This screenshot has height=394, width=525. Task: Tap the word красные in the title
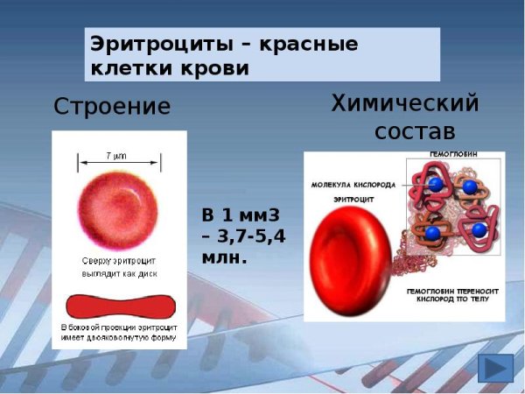(304, 44)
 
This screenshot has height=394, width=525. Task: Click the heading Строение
(112, 107)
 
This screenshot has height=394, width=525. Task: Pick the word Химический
(405, 103)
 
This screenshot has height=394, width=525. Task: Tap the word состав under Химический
(415, 132)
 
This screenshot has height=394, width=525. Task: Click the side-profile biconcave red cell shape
(120, 306)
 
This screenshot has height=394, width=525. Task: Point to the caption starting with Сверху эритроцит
(119, 267)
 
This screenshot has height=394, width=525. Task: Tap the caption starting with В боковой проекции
(119, 333)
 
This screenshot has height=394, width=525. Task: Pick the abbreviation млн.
(225, 258)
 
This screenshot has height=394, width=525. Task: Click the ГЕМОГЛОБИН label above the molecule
(454, 155)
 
